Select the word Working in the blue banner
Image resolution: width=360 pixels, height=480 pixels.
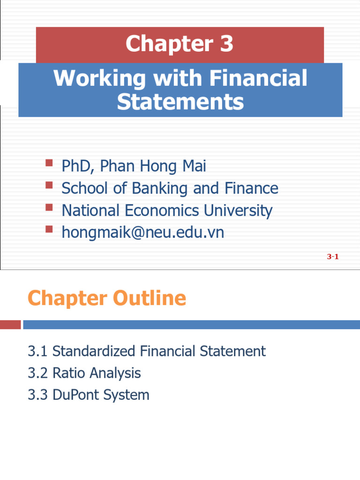tap(99, 78)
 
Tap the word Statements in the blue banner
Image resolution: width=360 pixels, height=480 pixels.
tap(180, 102)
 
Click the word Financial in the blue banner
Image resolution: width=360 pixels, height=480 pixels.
tap(258, 78)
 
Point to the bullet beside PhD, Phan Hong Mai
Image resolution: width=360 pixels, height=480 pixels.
tap(49, 163)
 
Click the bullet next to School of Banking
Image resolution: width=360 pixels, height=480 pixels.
tap(49, 185)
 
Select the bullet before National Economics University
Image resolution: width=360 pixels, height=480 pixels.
tap(49, 207)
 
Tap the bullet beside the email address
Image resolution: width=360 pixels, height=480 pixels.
tap(49, 229)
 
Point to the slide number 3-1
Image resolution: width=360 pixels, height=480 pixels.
tap(333, 256)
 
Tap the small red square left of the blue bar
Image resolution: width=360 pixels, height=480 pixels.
tap(10, 324)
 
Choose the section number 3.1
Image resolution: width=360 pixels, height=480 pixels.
tap(38, 351)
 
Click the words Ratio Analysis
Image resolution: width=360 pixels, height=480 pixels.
tap(97, 373)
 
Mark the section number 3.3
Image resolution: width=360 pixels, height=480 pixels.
tap(38, 395)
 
